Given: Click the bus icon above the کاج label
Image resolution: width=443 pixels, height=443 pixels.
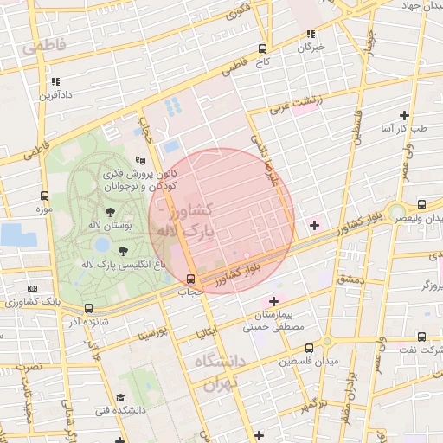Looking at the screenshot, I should pos(262,49).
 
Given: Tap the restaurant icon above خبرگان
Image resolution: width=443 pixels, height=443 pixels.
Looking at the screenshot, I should pos(310,35).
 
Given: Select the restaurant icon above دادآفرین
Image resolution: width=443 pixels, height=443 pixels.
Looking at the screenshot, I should pos(55,81).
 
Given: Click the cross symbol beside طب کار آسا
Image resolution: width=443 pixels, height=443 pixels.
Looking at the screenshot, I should pos(404,115).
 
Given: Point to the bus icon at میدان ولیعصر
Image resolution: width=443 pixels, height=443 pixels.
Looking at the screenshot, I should pos(421,205).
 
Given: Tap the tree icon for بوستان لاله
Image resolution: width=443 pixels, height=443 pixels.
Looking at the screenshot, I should pos(109,211).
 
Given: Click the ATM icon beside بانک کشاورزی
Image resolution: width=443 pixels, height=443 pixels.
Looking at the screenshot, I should pos(32,288).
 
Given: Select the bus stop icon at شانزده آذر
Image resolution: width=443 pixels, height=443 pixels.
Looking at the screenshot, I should pos(88,308).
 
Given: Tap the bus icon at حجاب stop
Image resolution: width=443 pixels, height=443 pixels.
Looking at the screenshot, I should pos(189,279).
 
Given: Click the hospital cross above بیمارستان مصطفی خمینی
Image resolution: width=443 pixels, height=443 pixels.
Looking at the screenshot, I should pos(274,301).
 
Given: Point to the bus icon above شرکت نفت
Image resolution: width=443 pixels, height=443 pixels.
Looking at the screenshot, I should pos(421,337).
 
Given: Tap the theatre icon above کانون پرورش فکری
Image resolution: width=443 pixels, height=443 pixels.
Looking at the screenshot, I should pos(141,160).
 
